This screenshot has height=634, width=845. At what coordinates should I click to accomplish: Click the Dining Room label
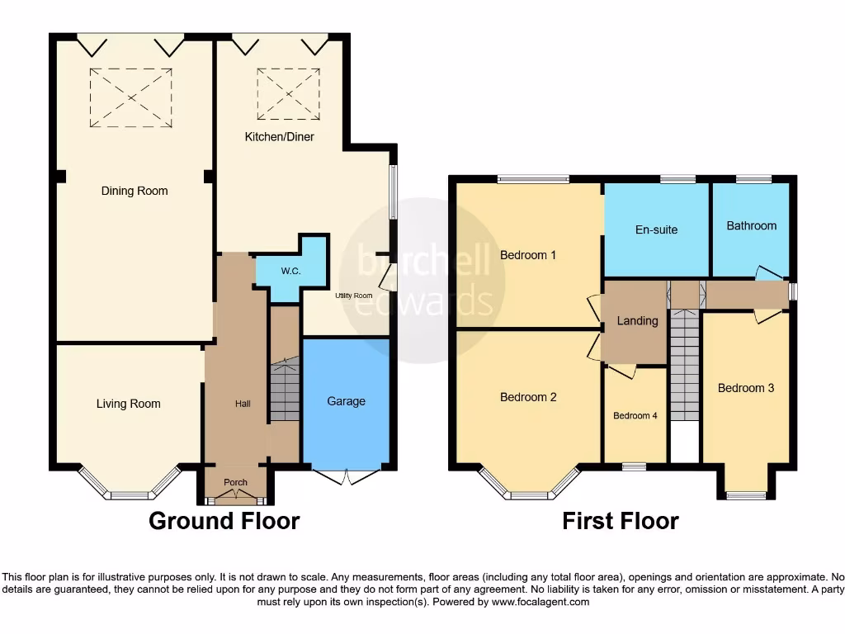[x=135, y=191]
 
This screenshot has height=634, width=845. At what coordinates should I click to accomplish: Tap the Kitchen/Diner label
[x=279, y=137]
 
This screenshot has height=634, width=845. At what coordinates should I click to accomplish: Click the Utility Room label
[x=353, y=296]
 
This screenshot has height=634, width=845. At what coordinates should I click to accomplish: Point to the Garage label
[x=346, y=401]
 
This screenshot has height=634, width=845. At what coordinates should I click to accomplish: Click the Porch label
[x=235, y=482]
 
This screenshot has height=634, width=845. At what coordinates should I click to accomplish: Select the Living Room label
[x=129, y=404]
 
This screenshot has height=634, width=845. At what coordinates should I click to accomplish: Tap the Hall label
[x=243, y=404]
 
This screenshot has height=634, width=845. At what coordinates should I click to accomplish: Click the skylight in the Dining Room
[x=131, y=97]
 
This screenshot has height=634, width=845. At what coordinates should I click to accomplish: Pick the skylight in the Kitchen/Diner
[x=288, y=93]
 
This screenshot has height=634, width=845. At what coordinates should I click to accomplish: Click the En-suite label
[x=657, y=229]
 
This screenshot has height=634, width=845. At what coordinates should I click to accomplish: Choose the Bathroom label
[x=751, y=225]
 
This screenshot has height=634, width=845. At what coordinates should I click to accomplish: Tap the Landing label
[x=638, y=320]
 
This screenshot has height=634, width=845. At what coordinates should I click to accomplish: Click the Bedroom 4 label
[x=635, y=416]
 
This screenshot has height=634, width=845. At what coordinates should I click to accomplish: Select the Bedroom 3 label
[x=745, y=388]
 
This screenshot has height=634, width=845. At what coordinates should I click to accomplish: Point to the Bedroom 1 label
[x=528, y=255]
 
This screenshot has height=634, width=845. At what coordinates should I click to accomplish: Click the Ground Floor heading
[x=224, y=521]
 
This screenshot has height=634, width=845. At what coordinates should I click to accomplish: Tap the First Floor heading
[x=621, y=521]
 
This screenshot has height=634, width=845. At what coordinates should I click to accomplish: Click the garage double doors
[x=347, y=475]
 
